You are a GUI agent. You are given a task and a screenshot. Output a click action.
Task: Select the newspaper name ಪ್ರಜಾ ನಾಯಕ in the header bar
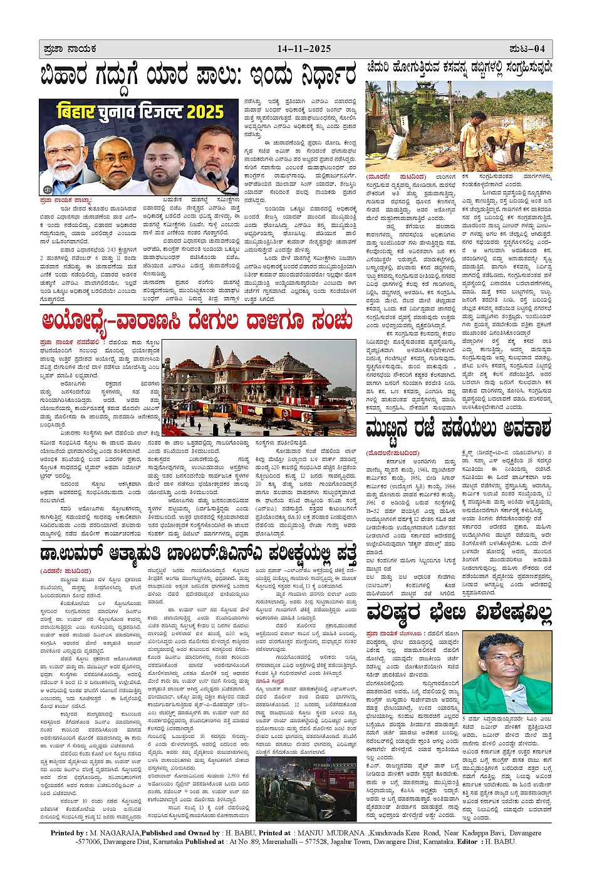pyautogui.click(x=70, y=49)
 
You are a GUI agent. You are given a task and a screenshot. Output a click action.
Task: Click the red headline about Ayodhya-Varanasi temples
pyautogui.click(x=197, y=321)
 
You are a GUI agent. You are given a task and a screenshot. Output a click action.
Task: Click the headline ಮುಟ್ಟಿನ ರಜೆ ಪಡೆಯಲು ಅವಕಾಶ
pyautogui.click(x=459, y=429)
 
